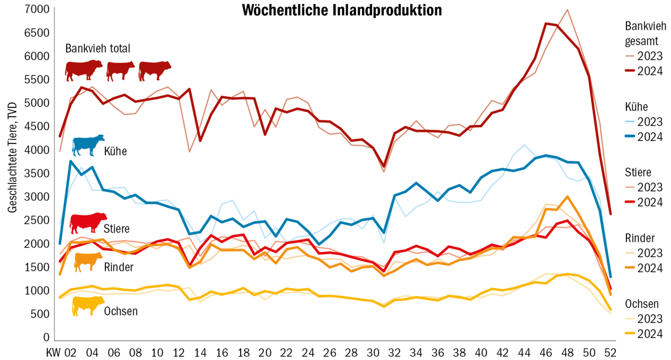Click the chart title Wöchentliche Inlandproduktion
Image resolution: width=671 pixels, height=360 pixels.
pos(342,10)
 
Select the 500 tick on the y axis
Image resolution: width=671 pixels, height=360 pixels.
pos(42,314)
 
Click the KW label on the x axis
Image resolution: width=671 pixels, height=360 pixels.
pos(53,351)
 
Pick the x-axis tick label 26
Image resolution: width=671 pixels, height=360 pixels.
pos(331,351)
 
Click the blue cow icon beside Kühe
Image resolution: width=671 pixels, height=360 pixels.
pos(88,145)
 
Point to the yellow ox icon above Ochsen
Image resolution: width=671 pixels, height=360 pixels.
pos(88,306)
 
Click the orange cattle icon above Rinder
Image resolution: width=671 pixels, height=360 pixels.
pos(89,261)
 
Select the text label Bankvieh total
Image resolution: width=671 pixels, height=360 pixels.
pos(98,48)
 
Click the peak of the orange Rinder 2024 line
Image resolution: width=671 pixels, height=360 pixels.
pos(567,197)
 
